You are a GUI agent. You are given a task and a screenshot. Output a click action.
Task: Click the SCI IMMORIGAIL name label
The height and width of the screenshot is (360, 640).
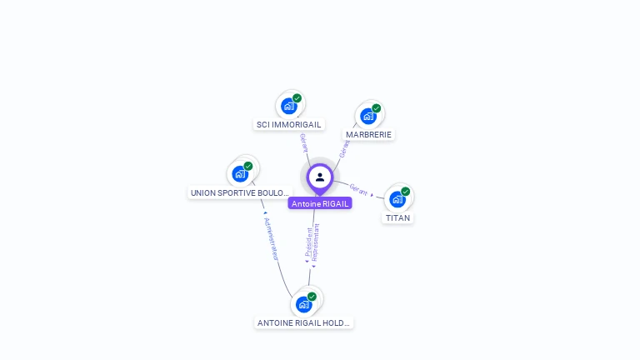[288, 124]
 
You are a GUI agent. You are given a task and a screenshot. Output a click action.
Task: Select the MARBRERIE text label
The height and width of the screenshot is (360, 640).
[368, 134]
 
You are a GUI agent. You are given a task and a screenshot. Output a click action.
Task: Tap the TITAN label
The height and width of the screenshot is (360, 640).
[397, 217]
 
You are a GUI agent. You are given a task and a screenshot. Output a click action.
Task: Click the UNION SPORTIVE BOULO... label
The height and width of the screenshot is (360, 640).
[240, 192]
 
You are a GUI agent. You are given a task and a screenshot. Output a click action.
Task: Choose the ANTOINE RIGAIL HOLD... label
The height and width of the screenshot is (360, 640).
[303, 322]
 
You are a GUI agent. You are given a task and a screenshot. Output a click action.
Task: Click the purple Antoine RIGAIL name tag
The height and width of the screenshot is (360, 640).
[320, 203]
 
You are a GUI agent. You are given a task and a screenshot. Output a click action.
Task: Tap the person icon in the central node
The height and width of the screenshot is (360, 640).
[320, 177]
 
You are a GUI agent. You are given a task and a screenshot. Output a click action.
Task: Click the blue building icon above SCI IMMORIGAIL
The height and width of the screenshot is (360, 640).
[288, 106]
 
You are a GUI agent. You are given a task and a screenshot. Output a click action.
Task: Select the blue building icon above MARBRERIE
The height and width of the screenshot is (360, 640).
[368, 116]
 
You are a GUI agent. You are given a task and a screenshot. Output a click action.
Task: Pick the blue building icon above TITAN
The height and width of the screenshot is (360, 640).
[397, 199]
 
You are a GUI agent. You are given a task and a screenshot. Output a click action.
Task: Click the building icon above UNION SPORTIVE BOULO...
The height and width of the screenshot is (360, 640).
[240, 173]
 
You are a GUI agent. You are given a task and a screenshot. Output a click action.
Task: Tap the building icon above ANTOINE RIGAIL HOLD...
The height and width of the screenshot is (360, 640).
[303, 304]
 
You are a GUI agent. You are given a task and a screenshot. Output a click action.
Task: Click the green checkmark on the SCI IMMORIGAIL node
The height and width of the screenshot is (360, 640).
[297, 98]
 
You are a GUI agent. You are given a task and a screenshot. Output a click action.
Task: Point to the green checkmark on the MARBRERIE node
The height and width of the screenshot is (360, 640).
[376, 108]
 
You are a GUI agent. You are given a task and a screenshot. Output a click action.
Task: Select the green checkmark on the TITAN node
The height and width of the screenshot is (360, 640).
[406, 192]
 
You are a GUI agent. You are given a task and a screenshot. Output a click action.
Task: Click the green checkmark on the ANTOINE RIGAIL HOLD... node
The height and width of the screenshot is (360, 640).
[312, 297]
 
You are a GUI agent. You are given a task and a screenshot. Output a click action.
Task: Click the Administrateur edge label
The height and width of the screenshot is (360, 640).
[271, 238]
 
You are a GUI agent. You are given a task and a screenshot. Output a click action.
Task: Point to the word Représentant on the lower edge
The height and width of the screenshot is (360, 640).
[316, 242]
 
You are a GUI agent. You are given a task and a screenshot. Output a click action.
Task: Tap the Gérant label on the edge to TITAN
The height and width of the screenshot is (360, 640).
[358, 189]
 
